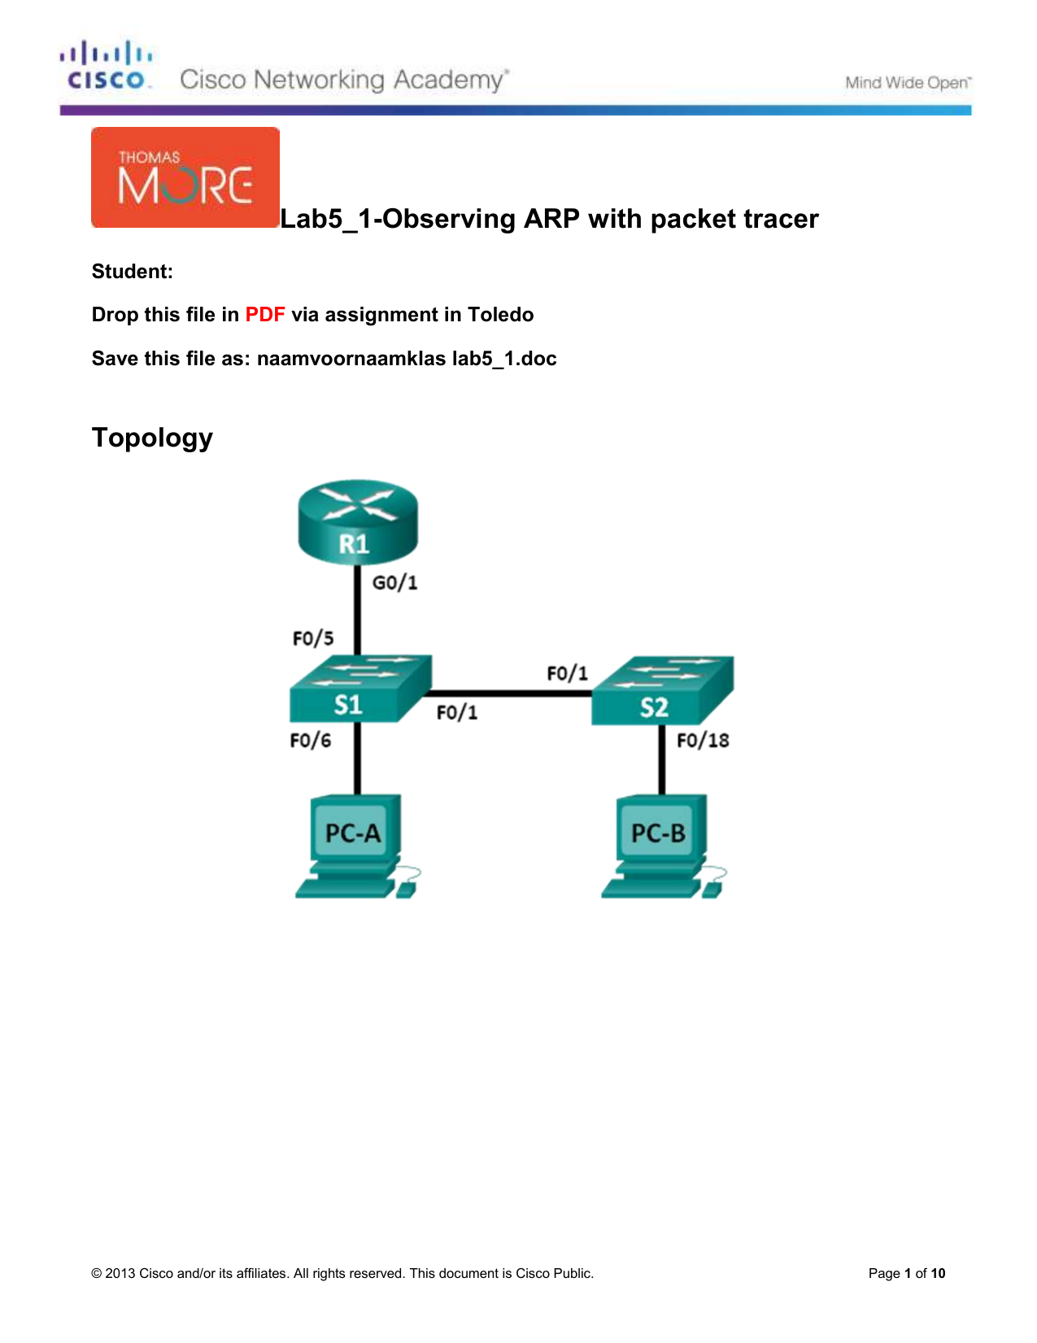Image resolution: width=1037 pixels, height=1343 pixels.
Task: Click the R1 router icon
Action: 358,521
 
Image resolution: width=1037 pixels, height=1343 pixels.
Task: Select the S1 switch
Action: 361,688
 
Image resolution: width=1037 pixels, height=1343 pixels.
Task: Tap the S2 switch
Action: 663,690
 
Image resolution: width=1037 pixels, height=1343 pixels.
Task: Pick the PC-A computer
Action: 358,846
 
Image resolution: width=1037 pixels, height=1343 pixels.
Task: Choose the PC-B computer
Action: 664,846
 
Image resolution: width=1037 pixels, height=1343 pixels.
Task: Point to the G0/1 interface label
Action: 395,582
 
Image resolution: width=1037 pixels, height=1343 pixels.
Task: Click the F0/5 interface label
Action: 312,638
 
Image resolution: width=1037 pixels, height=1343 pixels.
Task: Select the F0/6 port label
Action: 310,739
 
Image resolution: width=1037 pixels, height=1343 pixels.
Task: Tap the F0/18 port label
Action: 703,739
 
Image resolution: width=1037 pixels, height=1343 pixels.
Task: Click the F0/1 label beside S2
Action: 567,673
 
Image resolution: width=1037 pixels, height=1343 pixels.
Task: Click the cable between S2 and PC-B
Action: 662,760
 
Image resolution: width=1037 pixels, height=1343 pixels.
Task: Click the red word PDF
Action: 265,315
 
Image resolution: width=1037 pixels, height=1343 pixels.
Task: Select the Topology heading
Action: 152,438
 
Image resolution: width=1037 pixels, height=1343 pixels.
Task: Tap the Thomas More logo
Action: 185,177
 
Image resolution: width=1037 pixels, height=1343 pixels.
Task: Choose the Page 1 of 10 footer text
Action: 907,1273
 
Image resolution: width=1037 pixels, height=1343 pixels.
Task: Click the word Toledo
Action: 500,315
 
